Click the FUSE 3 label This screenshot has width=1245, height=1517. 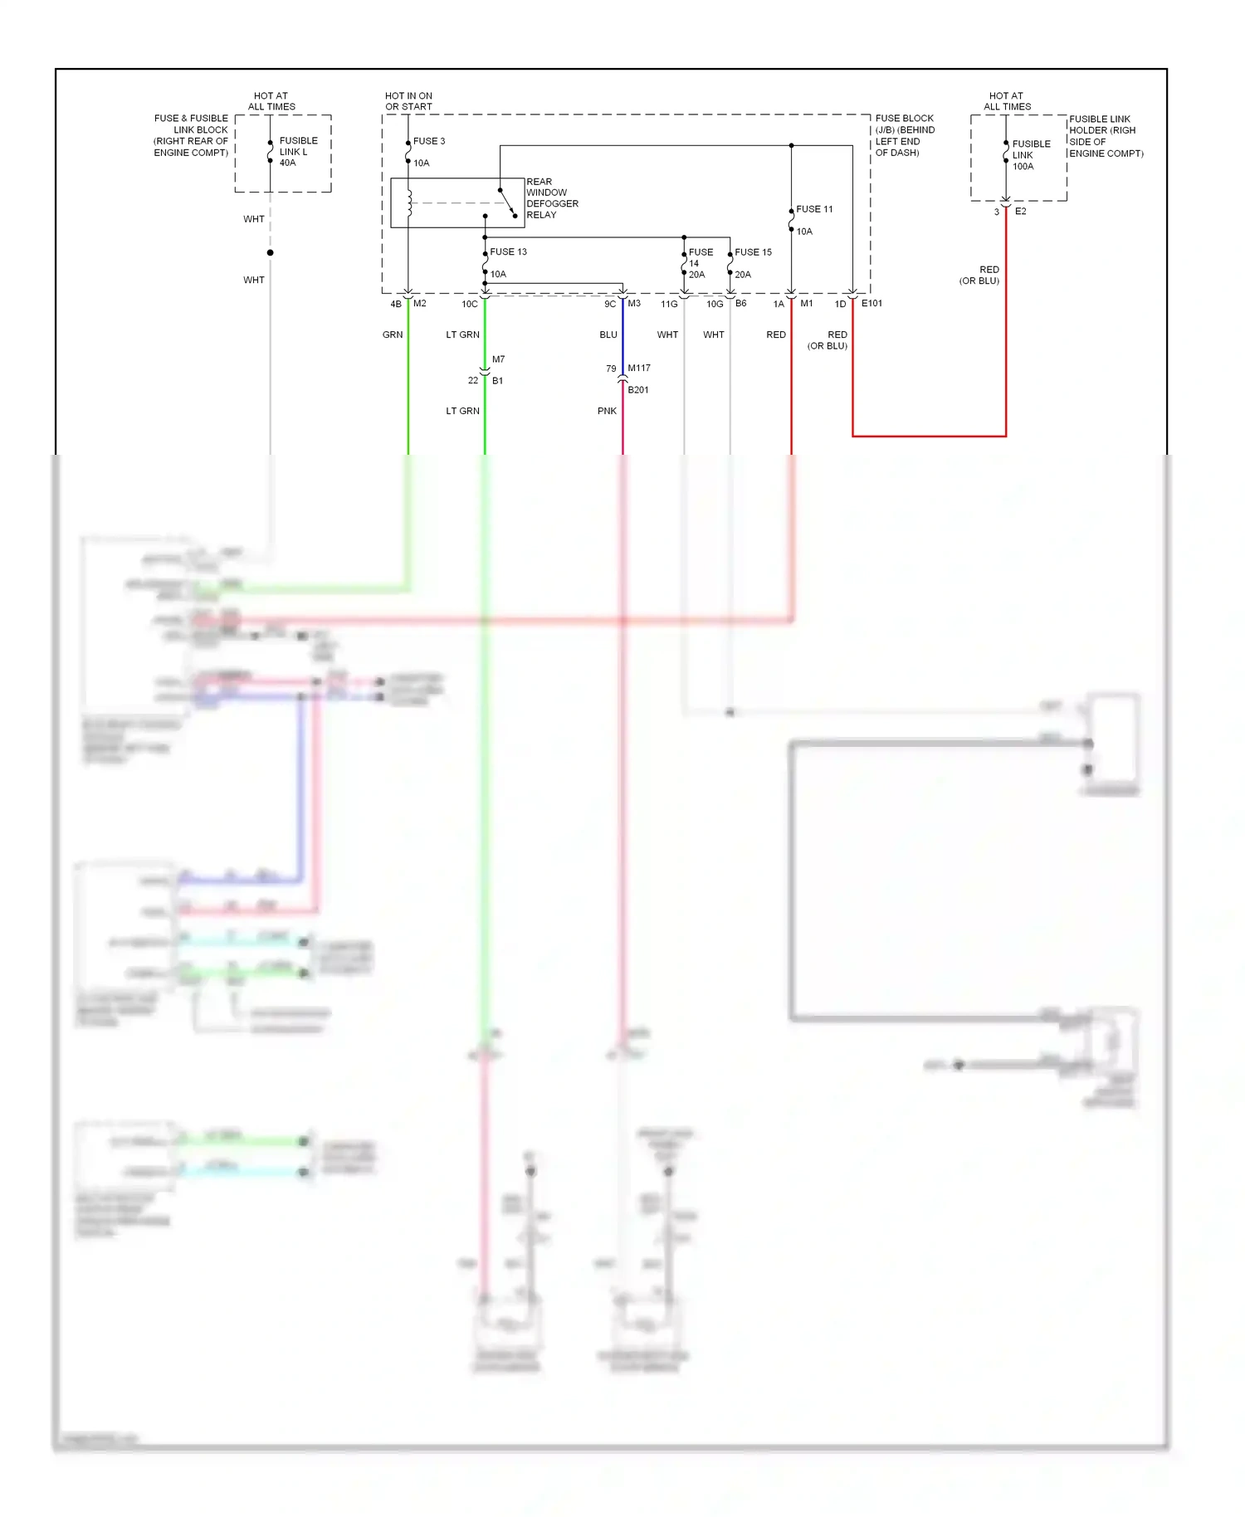[429, 141]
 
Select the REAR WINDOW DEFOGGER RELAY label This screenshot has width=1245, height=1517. [552, 198]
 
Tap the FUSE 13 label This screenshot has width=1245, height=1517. [508, 251]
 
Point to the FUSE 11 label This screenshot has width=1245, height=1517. [814, 209]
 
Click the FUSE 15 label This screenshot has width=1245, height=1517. [753, 252]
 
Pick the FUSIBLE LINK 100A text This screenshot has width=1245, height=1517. [1031, 155]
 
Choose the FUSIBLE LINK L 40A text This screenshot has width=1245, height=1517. [298, 152]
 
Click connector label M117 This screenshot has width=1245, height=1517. [639, 368]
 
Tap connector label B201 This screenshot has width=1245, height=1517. [638, 390]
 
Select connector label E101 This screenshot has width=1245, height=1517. [871, 304]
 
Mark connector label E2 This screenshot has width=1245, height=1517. [1020, 212]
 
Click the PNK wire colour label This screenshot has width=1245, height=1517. [607, 411]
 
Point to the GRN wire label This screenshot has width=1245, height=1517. [393, 335]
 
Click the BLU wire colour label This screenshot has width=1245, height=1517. [608, 335]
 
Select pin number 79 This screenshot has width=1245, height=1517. [611, 368]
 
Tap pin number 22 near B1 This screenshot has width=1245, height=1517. [473, 381]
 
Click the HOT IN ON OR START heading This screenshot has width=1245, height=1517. [408, 101]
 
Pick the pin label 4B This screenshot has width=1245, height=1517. [396, 305]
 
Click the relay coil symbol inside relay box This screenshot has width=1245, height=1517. [409, 203]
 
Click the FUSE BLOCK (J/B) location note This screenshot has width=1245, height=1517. [905, 135]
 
